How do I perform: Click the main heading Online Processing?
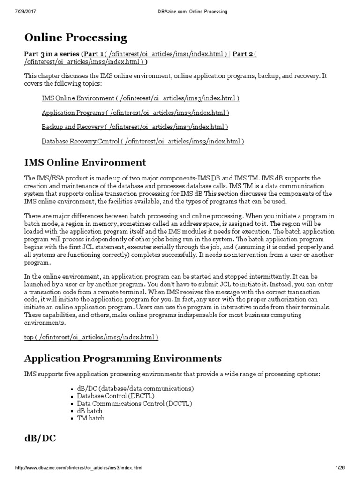(75, 37)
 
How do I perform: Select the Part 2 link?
(243, 54)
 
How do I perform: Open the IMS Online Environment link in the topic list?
(140, 98)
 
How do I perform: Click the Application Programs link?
(135, 112)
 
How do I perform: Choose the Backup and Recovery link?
(135, 127)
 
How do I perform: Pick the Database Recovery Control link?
(142, 141)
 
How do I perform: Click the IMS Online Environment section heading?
(85, 163)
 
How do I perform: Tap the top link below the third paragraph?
(91, 337)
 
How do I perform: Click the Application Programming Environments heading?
(123, 359)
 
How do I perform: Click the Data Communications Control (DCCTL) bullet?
(128, 403)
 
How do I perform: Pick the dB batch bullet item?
(90, 411)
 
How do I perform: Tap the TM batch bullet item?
(91, 418)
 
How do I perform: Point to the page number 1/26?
(340, 468)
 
